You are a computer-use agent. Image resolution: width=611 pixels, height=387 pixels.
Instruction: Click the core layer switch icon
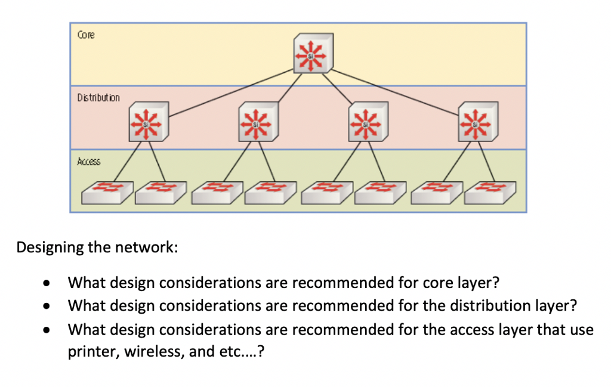(x=313, y=54)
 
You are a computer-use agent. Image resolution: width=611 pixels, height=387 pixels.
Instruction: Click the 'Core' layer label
(x=86, y=35)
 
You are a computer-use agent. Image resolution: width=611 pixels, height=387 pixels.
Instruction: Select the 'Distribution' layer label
(x=98, y=97)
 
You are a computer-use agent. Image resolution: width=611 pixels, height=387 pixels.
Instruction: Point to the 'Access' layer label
(x=89, y=161)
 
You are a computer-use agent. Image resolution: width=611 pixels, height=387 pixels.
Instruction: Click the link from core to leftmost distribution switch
(x=233, y=92)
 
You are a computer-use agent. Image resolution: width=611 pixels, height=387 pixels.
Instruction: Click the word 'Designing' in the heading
(x=45, y=247)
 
